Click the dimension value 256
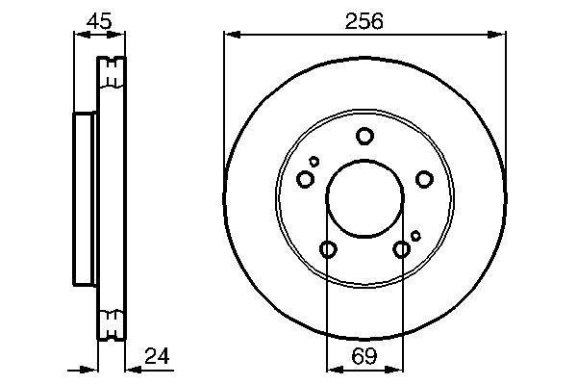point(364,20)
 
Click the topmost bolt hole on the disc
point(364,136)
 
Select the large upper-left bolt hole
point(306,179)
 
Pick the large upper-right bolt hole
point(423,178)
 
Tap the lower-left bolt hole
point(328,250)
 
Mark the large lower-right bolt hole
point(402,250)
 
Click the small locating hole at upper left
point(314,161)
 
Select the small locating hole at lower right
point(415,235)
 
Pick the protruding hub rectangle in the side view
point(86,200)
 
